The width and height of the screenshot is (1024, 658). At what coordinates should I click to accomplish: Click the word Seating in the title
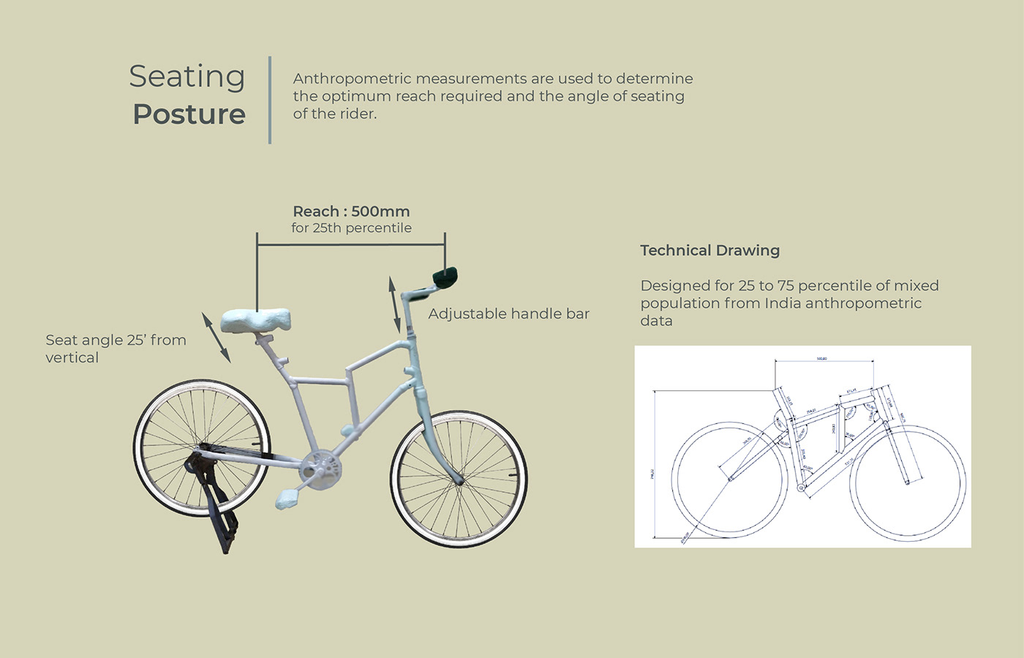tap(187, 77)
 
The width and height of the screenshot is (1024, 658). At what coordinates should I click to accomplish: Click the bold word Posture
tap(189, 115)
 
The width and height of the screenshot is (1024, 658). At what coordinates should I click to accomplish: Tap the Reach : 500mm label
tap(351, 211)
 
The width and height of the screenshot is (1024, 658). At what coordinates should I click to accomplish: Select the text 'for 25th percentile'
tap(351, 228)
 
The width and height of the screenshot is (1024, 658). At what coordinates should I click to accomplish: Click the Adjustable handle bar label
tap(508, 314)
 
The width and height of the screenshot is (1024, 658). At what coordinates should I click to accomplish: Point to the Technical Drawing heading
tap(709, 251)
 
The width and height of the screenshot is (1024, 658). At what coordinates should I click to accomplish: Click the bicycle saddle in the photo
tap(255, 320)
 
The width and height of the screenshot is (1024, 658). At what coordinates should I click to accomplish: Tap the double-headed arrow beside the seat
tap(216, 337)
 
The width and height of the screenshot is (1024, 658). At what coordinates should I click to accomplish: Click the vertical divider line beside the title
tap(270, 99)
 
